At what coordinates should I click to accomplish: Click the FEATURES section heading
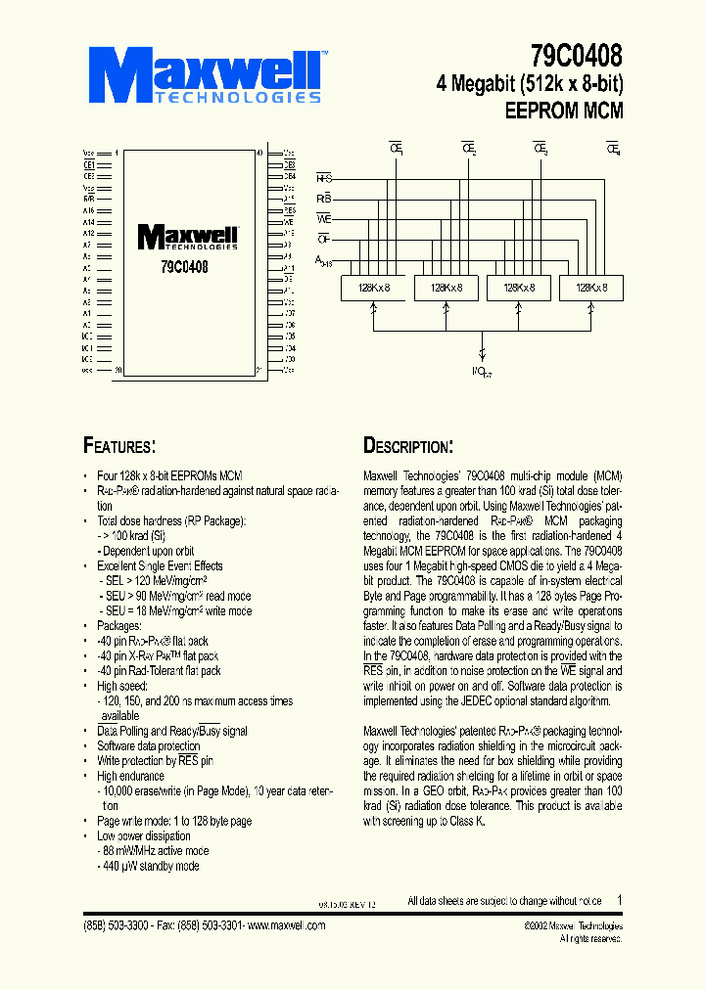click(x=119, y=447)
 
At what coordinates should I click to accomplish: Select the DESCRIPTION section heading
click(x=408, y=447)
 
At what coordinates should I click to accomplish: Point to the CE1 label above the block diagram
click(x=397, y=149)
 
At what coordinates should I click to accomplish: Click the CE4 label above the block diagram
click(x=614, y=149)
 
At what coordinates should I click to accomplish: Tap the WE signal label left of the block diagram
click(x=324, y=218)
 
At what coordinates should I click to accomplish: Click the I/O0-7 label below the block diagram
click(x=481, y=372)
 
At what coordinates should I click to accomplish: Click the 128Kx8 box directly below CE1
click(x=372, y=288)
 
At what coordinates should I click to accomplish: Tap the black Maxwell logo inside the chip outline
click(x=188, y=238)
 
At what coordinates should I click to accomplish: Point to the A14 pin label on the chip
click(x=88, y=222)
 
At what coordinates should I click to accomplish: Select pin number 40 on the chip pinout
click(x=258, y=153)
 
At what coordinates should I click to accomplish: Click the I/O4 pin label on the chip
click(x=290, y=348)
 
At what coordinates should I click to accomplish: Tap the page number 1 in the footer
click(x=620, y=900)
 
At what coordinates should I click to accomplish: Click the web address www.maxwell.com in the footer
click(x=289, y=925)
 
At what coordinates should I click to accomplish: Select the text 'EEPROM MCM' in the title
click(x=564, y=111)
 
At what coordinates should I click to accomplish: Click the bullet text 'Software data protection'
click(x=148, y=745)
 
